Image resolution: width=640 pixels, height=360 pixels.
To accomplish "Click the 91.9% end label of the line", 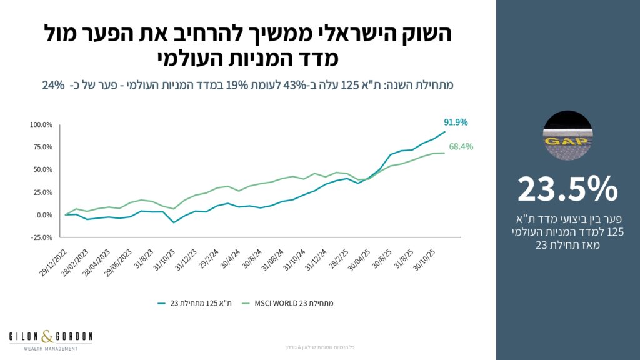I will (x=456, y=122).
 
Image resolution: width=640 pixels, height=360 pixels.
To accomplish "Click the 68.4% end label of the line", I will (x=461, y=147).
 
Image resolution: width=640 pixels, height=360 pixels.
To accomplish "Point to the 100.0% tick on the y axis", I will (x=41, y=124).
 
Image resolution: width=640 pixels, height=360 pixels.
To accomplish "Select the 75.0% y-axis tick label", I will (x=42, y=147).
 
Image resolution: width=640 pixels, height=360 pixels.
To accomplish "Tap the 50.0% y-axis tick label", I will (x=42, y=169).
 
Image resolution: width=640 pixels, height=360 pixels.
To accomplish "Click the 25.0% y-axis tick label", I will (x=42, y=192).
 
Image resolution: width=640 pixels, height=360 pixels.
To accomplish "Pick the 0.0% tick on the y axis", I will (x=44, y=215).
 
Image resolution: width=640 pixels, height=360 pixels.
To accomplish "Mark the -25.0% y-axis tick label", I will (x=41, y=237).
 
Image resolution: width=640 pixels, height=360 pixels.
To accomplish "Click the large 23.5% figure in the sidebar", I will (x=567, y=188).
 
